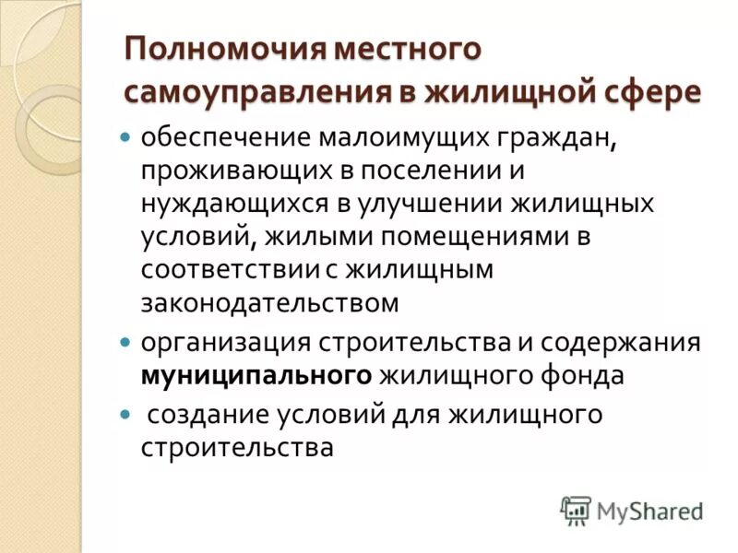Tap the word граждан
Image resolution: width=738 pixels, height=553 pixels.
(560, 138)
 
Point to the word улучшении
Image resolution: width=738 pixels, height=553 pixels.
(431, 203)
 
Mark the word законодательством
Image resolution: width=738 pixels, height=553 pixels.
(270, 301)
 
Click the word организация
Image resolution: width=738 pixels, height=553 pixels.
(226, 342)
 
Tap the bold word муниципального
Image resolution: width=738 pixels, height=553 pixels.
(256, 375)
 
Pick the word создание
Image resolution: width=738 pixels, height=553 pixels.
(207, 415)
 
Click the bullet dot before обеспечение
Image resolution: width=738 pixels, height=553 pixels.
(127, 138)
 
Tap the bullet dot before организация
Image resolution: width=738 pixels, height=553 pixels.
(127, 342)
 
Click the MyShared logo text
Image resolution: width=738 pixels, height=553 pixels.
(649, 510)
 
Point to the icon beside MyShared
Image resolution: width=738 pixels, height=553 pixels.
(576, 510)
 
